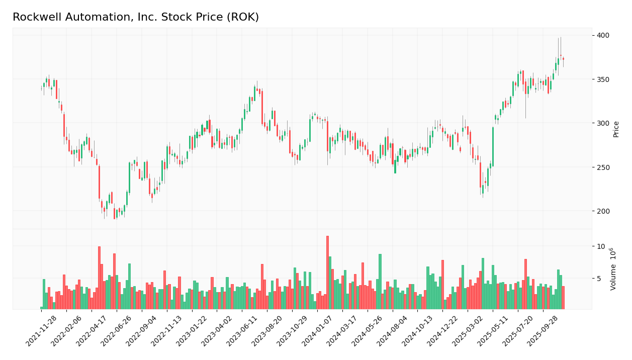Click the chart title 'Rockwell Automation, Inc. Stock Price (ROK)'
click(x=136, y=17)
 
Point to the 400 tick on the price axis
click(x=603, y=35)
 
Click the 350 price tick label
click(x=603, y=79)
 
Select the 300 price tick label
click(x=603, y=123)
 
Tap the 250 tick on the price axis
click(x=603, y=167)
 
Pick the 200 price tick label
click(x=603, y=211)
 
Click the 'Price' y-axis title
click(x=616, y=129)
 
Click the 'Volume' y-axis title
click(x=613, y=269)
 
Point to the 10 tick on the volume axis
click(x=601, y=246)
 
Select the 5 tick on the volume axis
click(x=599, y=279)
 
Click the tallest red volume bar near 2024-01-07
click(x=327, y=273)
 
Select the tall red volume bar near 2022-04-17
click(x=99, y=278)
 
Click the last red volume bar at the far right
click(x=563, y=298)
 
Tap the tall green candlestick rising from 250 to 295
click(x=493, y=146)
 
